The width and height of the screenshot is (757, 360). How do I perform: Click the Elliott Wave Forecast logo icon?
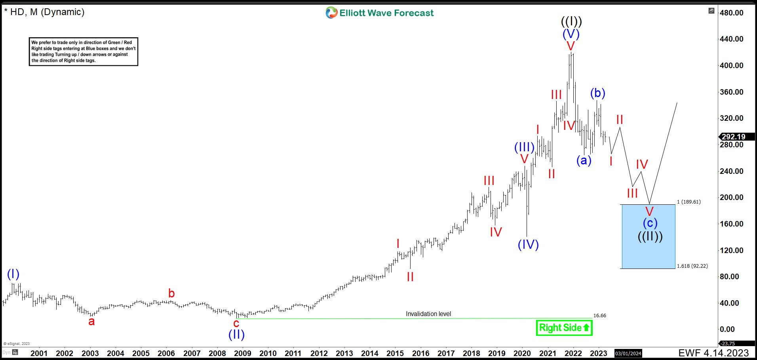pyautogui.click(x=331, y=13)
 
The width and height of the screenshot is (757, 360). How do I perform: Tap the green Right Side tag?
pyautogui.click(x=564, y=328)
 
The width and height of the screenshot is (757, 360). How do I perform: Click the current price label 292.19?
pyautogui.click(x=733, y=137)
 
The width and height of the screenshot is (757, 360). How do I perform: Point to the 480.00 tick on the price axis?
pyautogui.click(x=731, y=13)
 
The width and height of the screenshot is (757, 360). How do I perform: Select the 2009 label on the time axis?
pyautogui.click(x=242, y=353)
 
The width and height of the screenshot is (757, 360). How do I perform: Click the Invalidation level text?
pyautogui.click(x=428, y=314)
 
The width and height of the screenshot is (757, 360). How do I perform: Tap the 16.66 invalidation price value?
pyautogui.click(x=599, y=316)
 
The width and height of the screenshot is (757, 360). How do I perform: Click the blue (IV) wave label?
pyautogui.click(x=528, y=244)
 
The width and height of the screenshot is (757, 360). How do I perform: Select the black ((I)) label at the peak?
pyautogui.click(x=571, y=21)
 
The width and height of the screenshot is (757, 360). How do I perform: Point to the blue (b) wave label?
pyautogui.click(x=597, y=93)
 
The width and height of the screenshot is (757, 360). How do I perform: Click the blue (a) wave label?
pyautogui.click(x=584, y=160)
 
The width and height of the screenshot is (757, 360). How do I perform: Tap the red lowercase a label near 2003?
pyautogui.click(x=91, y=322)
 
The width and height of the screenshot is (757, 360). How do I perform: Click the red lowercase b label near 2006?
pyautogui.click(x=171, y=293)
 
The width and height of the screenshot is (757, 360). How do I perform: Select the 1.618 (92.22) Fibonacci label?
pyautogui.click(x=692, y=266)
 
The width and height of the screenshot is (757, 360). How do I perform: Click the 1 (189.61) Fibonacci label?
pyautogui.click(x=689, y=202)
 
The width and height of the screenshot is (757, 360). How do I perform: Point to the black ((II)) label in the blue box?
pyautogui.click(x=650, y=236)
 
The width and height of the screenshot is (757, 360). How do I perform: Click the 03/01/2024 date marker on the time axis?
pyautogui.click(x=628, y=353)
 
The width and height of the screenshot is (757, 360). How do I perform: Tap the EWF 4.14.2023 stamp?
pyautogui.click(x=713, y=353)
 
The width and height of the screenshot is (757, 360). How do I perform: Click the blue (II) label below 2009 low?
pyautogui.click(x=236, y=335)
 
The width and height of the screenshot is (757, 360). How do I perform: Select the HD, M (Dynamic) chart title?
pyautogui.click(x=47, y=12)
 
